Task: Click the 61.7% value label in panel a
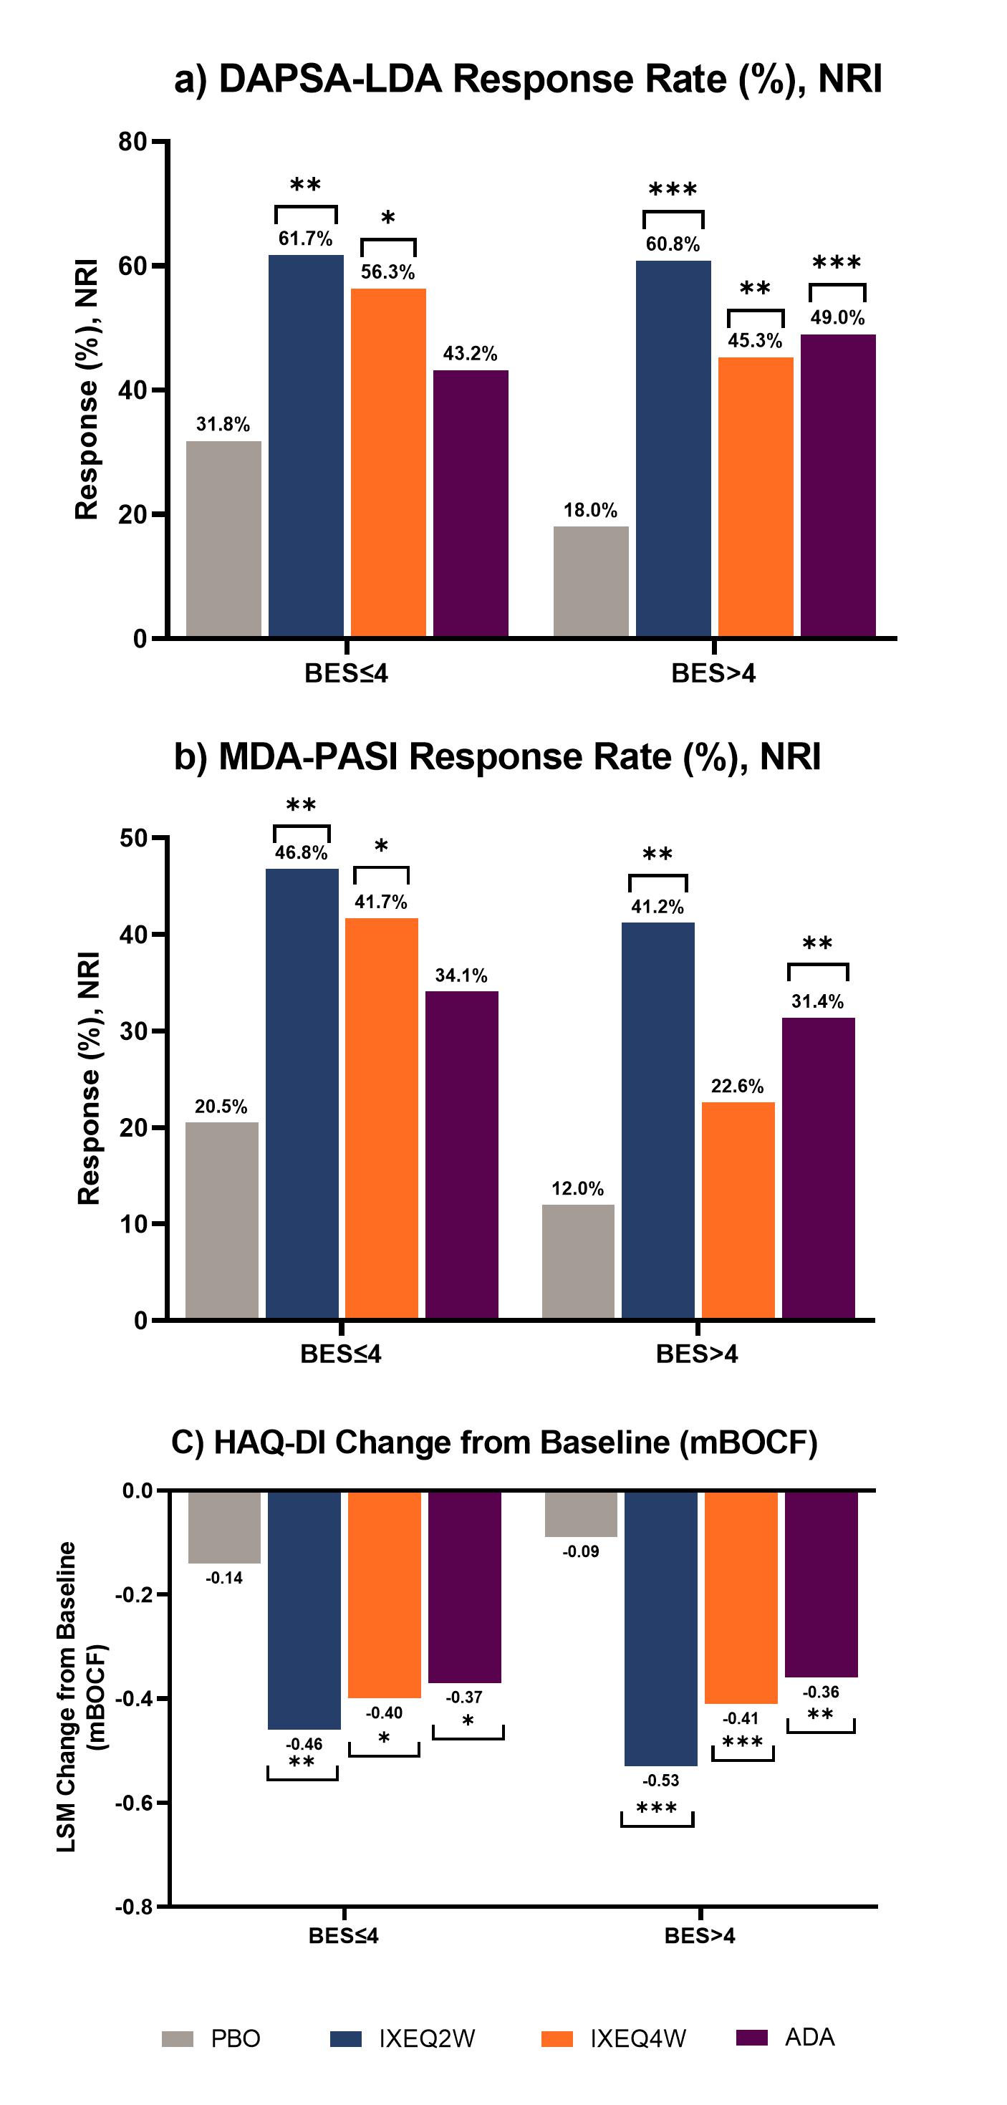point(306,239)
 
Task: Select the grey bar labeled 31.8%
point(223,539)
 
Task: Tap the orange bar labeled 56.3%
point(388,462)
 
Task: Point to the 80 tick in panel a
point(132,143)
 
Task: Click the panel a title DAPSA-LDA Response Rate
point(528,80)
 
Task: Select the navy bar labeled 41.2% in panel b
point(658,1119)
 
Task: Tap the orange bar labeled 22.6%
point(738,1210)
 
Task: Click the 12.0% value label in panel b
point(578,1188)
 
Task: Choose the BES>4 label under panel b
point(696,1354)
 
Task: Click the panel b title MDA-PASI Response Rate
point(497,756)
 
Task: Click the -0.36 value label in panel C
point(821,1692)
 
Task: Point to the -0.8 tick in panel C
point(134,1907)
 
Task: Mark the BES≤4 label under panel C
point(343,1936)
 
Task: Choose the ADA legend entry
point(809,2037)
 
